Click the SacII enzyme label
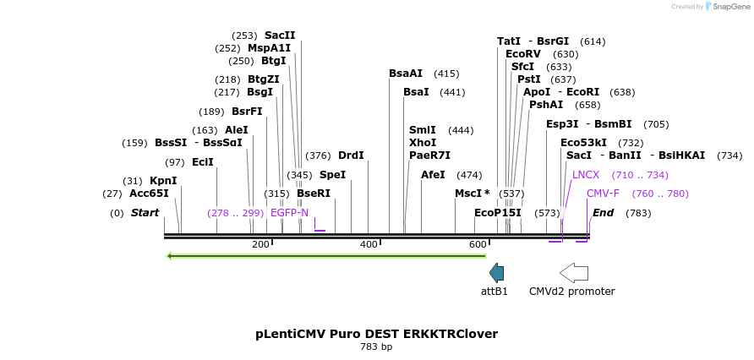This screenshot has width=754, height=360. click(280, 35)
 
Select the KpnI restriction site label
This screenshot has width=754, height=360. click(163, 181)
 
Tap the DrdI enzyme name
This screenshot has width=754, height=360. click(351, 155)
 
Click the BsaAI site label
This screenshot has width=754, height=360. click(406, 74)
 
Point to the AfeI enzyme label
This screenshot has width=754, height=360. click(433, 175)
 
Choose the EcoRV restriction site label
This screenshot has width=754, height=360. click(523, 54)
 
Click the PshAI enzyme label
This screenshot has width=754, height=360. click(546, 105)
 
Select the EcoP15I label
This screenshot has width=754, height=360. click(498, 213)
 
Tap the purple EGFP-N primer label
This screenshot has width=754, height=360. click(289, 213)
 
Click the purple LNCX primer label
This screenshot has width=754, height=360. click(586, 175)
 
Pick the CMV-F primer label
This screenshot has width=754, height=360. click(603, 194)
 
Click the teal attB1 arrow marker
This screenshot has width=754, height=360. click(497, 272)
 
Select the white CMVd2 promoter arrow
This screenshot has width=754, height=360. click(574, 272)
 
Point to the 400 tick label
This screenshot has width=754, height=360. click(369, 245)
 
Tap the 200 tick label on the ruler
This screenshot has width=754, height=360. click(260, 245)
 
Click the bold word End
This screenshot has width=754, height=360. click(603, 213)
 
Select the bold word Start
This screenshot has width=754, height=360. click(145, 213)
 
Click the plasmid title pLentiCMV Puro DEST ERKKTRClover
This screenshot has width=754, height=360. click(376, 334)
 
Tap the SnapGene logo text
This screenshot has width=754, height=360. click(731, 7)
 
